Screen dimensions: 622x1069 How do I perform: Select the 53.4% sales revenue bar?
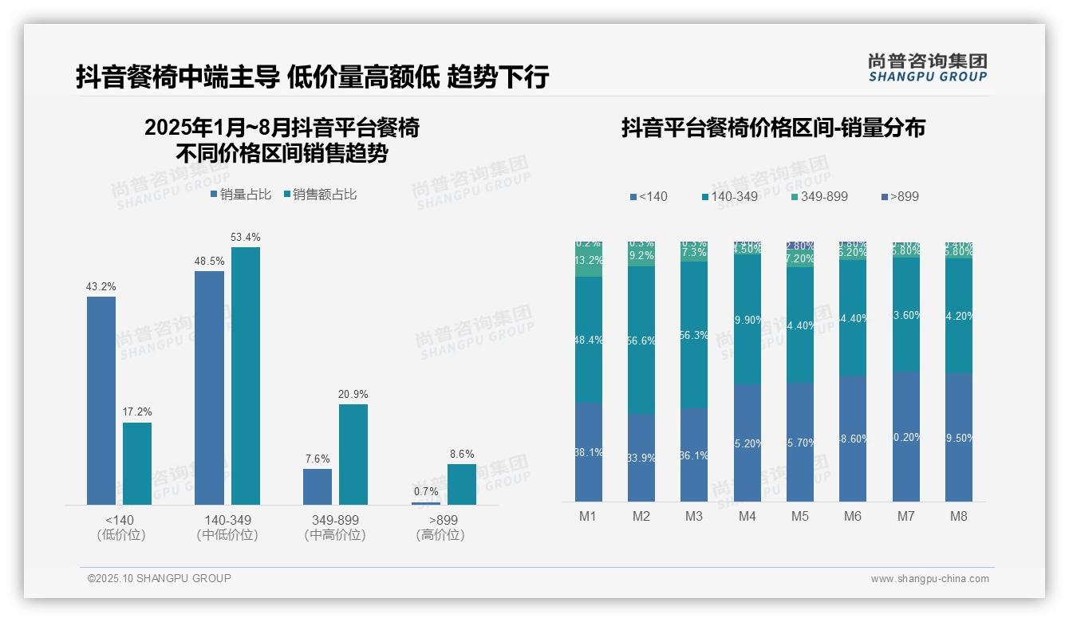[x=245, y=376]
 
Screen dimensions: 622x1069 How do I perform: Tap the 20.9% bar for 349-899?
[x=353, y=454]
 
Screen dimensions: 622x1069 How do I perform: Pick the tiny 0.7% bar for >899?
[x=425, y=503]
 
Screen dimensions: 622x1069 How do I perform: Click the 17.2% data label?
[x=137, y=412]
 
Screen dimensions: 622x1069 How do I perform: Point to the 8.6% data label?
[x=461, y=454]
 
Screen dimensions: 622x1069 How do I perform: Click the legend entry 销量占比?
[x=241, y=195]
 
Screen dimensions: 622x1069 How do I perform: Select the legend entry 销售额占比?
[x=321, y=195]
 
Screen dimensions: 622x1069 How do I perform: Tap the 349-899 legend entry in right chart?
[x=819, y=196]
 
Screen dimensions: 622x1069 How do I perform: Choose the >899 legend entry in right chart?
[x=900, y=196]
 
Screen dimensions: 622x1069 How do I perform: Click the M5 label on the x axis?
[x=800, y=516]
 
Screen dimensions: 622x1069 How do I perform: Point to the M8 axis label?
[x=959, y=516]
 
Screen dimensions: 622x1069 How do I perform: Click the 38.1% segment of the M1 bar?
[x=589, y=451]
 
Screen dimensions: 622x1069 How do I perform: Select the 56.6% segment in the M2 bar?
[x=641, y=341]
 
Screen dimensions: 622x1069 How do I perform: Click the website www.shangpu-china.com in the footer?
[x=929, y=579]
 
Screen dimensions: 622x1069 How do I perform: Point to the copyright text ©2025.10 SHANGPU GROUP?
[x=160, y=578]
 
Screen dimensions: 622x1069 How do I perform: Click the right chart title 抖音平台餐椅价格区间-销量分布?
[x=773, y=128]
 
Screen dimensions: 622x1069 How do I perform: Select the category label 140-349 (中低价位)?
[x=227, y=527]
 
